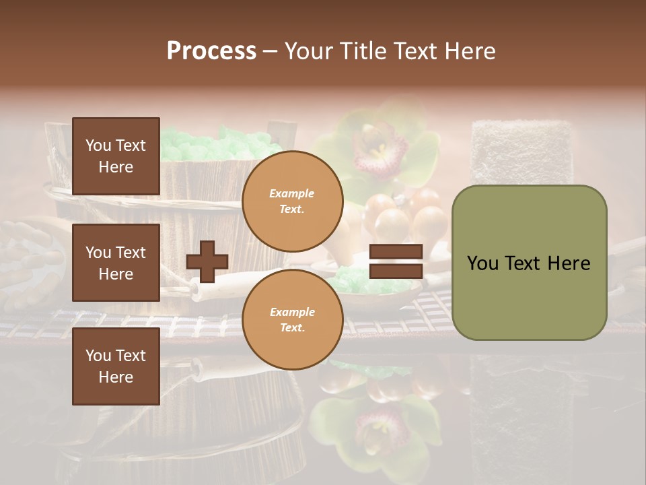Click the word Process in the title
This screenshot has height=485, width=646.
point(211,51)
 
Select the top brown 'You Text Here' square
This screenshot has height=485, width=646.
point(116,156)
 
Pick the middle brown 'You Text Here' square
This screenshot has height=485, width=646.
point(116,263)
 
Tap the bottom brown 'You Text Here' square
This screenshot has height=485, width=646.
point(116,366)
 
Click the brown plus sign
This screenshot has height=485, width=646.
point(207,261)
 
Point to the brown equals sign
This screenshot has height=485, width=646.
point(396,261)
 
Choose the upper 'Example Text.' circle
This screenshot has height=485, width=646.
point(292,201)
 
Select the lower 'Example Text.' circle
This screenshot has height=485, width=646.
point(292,320)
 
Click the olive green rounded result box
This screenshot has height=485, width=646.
point(529,263)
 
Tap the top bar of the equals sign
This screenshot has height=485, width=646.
point(396,252)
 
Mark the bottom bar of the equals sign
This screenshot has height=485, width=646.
point(396,271)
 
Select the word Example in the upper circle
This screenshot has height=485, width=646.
point(292,193)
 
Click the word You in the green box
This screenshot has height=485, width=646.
point(483,263)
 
